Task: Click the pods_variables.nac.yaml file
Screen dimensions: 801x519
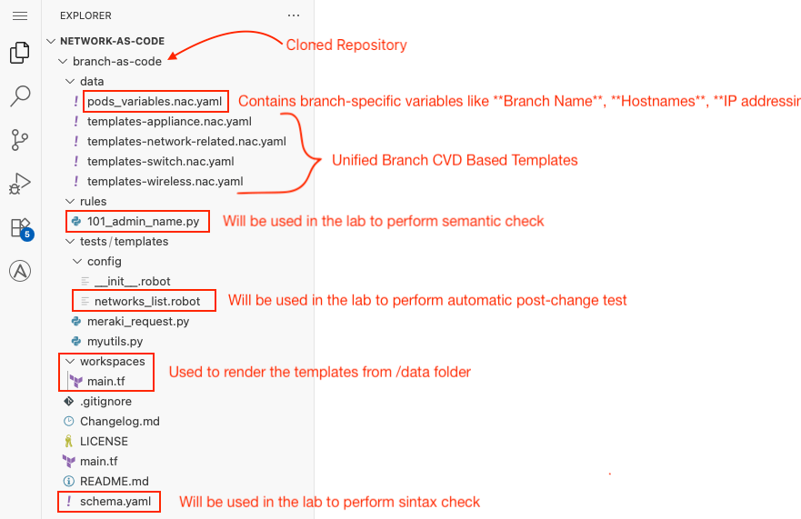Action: pos(155,101)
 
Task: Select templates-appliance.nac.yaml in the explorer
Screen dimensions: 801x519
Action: pos(169,122)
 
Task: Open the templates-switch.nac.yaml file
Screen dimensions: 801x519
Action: pos(160,162)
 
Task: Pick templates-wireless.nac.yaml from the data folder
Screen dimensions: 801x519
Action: pos(165,182)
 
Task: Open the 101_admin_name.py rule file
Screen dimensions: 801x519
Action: pos(143,221)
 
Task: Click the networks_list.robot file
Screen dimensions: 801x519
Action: pos(147,302)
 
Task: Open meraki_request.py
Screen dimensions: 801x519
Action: pos(138,322)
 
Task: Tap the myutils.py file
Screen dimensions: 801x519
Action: pos(115,341)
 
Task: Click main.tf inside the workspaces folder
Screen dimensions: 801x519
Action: pos(105,382)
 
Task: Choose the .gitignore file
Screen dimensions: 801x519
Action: pos(105,402)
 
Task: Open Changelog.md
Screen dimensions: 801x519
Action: pos(119,422)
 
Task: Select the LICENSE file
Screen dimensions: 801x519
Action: pos(104,442)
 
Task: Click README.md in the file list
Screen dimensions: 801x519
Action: pos(115,481)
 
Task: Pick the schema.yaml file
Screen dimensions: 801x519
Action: pos(115,502)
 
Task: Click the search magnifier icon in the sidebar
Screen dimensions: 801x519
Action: pos(20,95)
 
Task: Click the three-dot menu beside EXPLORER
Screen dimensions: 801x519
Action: pos(294,15)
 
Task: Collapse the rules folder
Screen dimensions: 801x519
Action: pos(70,201)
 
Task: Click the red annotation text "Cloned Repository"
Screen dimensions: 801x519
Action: pos(346,45)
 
